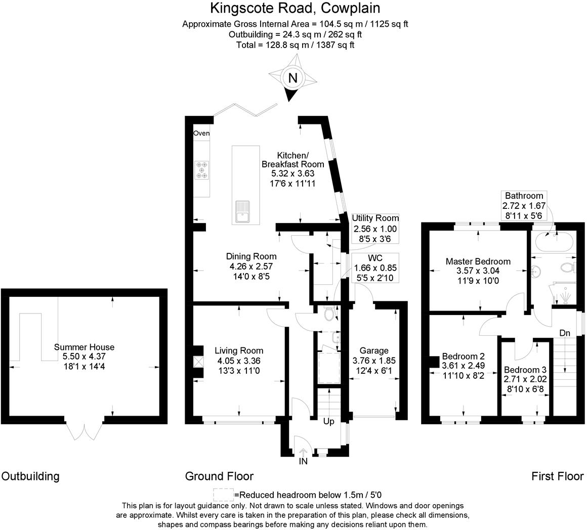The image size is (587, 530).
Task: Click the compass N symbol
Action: pos(292,78)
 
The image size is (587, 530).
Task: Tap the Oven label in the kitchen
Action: pos(201,134)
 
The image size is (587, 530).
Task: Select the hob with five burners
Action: pos(202,170)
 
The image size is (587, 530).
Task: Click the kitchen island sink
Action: pos(242,211)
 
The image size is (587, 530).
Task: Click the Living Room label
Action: pos(239,351)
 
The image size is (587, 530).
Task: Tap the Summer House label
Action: pos(84,347)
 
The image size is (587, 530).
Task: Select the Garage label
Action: pos(374,351)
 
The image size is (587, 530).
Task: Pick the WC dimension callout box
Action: pos(375,268)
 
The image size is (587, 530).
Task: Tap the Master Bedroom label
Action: pos(478,261)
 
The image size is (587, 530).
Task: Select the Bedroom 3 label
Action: pos(525,370)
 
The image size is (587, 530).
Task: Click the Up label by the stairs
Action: pos(328,421)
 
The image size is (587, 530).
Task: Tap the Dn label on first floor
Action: pos(565,333)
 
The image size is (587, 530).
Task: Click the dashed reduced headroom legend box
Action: pos(223,494)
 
